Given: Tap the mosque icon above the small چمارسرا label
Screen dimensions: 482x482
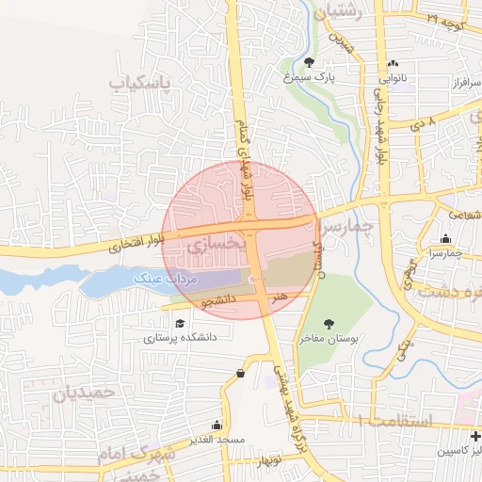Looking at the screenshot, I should coord(444,240).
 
